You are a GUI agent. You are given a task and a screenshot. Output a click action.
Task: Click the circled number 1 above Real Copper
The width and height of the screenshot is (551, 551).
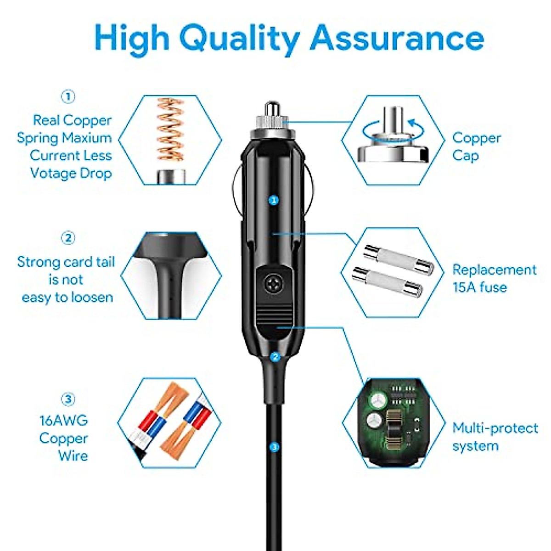pos(68,97)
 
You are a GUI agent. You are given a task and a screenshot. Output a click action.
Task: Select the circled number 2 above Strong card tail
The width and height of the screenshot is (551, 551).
pos(68,238)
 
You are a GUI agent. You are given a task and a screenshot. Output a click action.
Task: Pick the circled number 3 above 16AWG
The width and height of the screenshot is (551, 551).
pos(68,399)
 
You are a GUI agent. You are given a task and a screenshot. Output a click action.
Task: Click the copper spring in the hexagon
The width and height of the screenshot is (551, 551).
pos(171,133)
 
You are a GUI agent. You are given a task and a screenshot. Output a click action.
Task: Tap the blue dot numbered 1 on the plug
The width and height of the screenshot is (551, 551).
pos(274,200)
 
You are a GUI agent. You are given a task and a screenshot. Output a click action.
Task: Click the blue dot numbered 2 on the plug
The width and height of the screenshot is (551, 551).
pos(275,356)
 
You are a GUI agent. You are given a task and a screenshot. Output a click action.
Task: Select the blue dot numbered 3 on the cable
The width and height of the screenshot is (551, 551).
pos(275,446)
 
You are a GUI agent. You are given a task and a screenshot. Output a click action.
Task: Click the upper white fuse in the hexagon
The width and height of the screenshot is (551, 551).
pos(399,259)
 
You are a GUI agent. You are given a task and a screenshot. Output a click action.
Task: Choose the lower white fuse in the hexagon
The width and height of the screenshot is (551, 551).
pos(387,282)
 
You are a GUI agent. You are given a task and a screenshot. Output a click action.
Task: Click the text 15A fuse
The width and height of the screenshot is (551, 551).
pos(480,287)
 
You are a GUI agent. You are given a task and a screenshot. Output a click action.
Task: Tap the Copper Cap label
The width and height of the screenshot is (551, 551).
pos(476,146)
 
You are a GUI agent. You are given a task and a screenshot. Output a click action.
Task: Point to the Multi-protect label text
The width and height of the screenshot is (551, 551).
pos(495,428)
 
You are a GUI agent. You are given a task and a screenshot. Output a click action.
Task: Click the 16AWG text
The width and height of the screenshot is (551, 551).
pos(63,420)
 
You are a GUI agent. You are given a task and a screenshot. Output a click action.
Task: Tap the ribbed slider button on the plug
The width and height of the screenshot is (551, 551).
pos(274,316)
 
